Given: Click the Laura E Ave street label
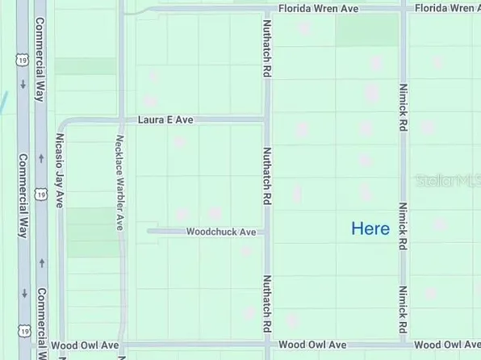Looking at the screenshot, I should [x=165, y=119].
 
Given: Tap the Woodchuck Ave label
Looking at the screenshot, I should [x=221, y=232].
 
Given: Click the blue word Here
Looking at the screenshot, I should [x=370, y=229].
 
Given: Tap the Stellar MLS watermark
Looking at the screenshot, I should [x=448, y=181].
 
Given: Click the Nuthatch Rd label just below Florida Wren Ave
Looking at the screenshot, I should [x=266, y=49].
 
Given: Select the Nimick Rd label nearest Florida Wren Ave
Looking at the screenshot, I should [x=401, y=105].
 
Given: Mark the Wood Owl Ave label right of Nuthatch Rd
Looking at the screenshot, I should [x=312, y=345].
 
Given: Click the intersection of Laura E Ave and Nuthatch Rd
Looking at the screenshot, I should [x=267, y=119].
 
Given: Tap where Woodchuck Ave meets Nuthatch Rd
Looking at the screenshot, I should [x=267, y=232].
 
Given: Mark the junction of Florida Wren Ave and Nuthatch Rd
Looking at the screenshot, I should [x=267, y=9].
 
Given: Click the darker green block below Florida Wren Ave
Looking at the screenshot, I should [x=367, y=30].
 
